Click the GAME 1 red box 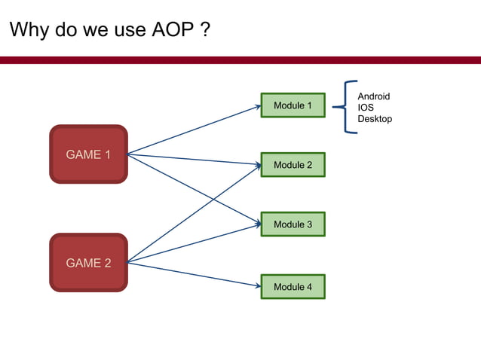pyautogui.click(x=88, y=154)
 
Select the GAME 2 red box pyautogui.click(x=88, y=263)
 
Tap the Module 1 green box pyautogui.click(x=293, y=105)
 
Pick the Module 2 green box pyautogui.click(x=293, y=165)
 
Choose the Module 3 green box pyautogui.click(x=293, y=224)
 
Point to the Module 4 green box pyautogui.click(x=293, y=287)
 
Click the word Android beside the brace pyautogui.click(x=373, y=96)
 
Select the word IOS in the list pyautogui.click(x=366, y=108)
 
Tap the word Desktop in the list pyautogui.click(x=375, y=119)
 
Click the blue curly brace pyautogui.click(x=348, y=107)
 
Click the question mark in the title pyautogui.click(x=205, y=31)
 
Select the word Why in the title pyautogui.click(x=29, y=31)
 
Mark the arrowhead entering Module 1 pyautogui.click(x=258, y=106)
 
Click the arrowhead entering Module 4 pyautogui.click(x=258, y=285)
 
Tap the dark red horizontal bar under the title pyautogui.click(x=240, y=59)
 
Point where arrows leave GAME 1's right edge pyautogui.click(x=128, y=155)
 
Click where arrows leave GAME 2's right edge pyautogui.click(x=128, y=263)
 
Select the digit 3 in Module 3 pyautogui.click(x=308, y=224)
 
